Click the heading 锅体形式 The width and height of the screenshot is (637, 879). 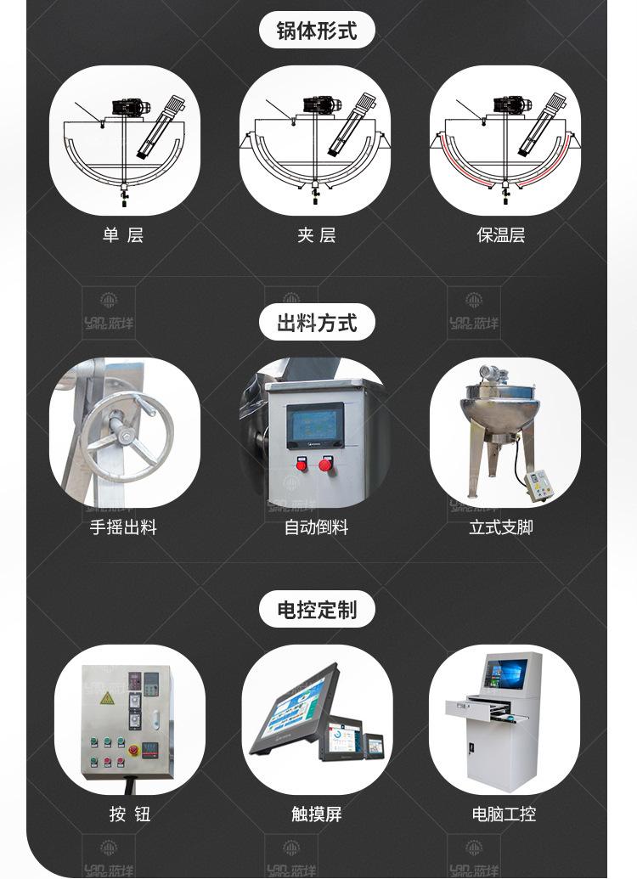[317, 31]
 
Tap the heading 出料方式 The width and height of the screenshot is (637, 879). [317, 323]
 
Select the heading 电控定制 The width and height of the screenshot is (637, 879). [317, 610]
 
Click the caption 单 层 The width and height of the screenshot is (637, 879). [123, 235]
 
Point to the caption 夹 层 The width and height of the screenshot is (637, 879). [317, 235]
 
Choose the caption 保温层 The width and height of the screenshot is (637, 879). [501, 235]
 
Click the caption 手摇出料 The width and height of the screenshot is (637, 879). [123, 527]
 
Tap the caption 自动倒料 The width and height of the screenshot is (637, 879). [316, 527]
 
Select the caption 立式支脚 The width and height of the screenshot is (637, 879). [501, 527]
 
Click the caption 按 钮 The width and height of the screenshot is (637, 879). [130, 814]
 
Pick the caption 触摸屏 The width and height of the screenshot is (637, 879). [317, 814]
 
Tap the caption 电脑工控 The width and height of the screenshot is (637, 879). [504, 814]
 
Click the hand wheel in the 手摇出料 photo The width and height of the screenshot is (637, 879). [127, 437]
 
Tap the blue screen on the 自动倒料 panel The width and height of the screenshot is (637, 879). [315, 425]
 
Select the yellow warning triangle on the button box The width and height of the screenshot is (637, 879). [107, 698]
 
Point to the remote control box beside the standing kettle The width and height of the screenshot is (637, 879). [540, 486]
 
